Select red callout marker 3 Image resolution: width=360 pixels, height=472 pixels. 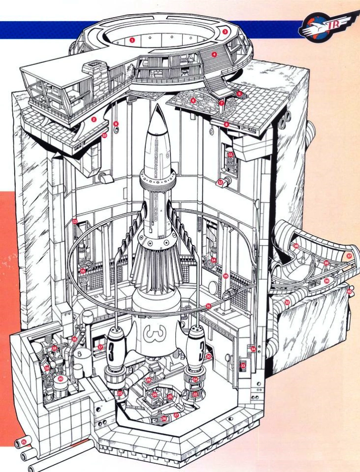[x=225, y=31]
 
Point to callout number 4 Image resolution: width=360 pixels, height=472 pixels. [x=214, y=55]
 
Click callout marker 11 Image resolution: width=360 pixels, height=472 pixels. [x=230, y=155]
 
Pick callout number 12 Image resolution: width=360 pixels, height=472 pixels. [x=220, y=182]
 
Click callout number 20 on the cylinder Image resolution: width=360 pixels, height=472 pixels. [x=60, y=378]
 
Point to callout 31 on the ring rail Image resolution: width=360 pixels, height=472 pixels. [x=208, y=306]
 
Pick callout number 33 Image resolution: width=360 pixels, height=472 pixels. [x=243, y=366]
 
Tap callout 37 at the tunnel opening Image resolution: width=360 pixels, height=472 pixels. [x=349, y=256]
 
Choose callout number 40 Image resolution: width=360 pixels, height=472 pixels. [x=349, y=291]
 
